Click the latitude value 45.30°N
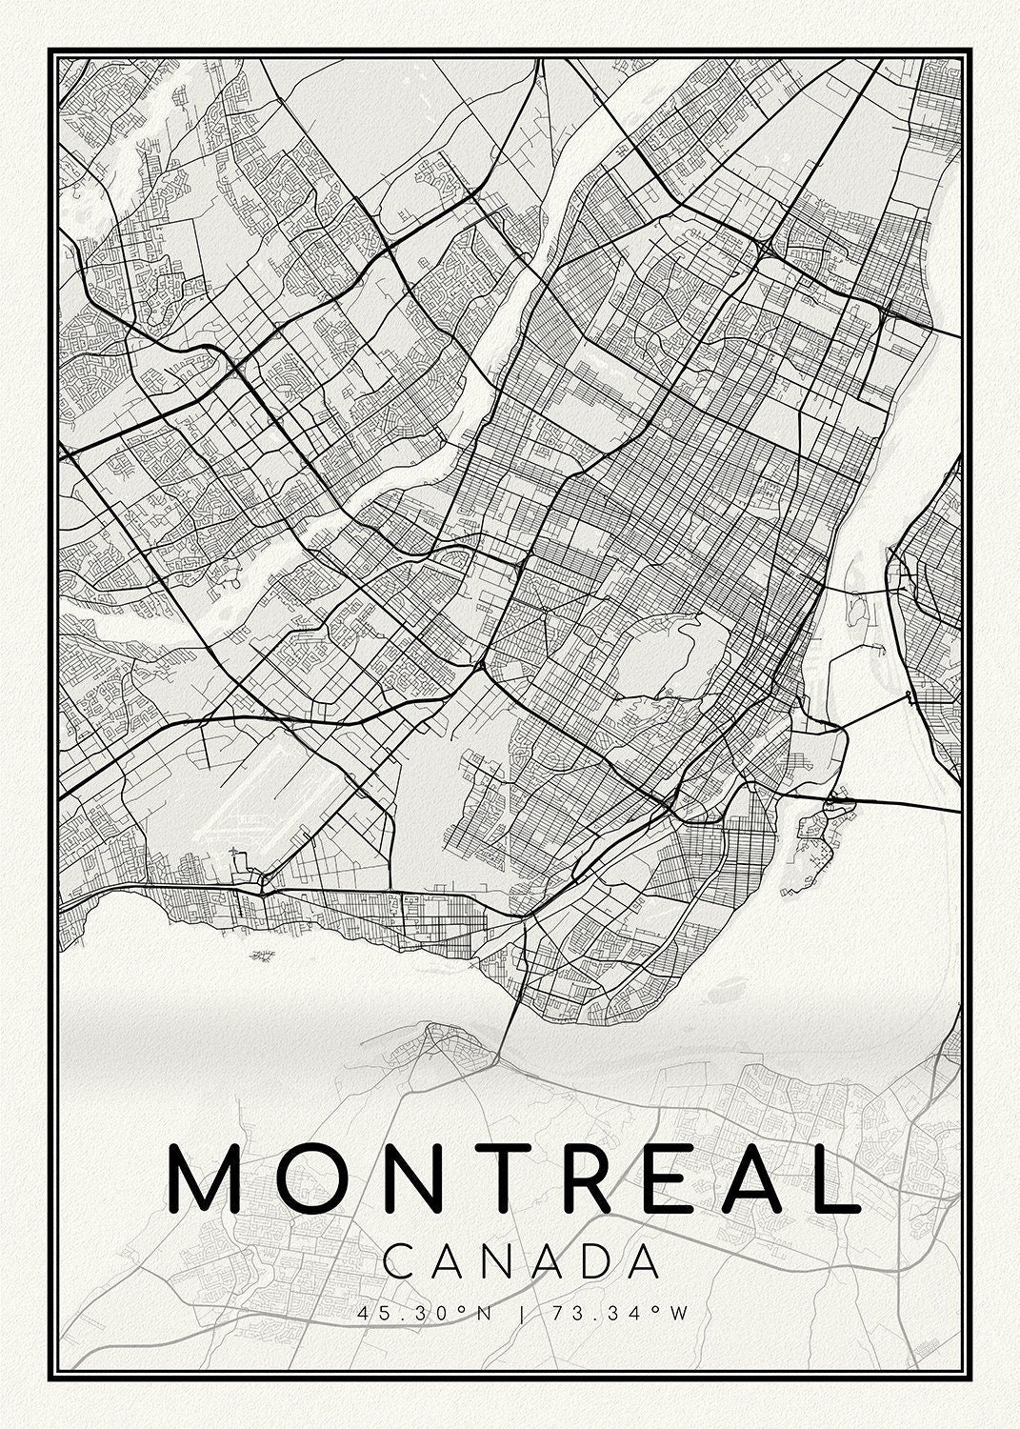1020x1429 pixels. click(x=425, y=1314)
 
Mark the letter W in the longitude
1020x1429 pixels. click(x=677, y=1314)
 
